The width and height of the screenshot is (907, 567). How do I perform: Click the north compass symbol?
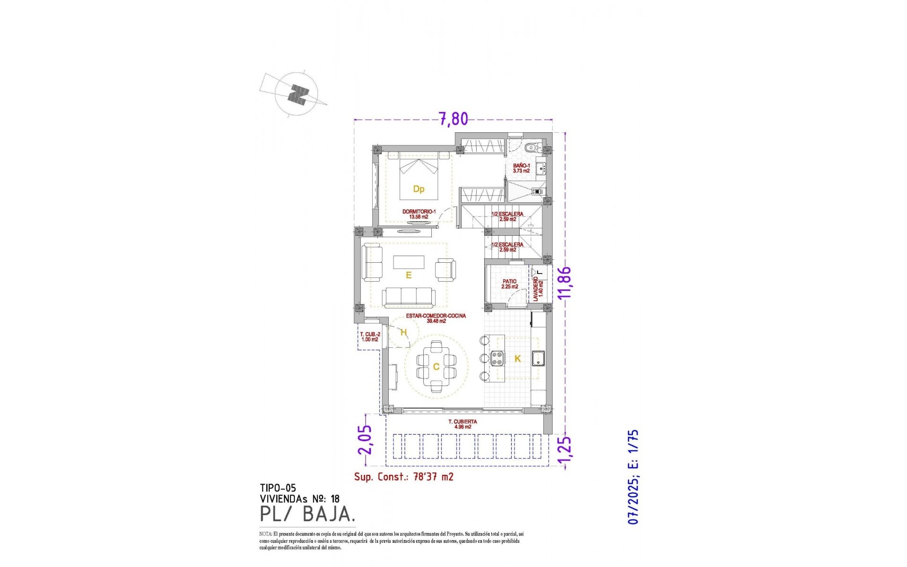pyautogui.click(x=298, y=94)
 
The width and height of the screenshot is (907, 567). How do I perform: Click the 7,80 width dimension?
pyautogui.click(x=453, y=119)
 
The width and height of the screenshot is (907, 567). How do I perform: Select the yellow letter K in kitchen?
pyautogui.click(x=517, y=359)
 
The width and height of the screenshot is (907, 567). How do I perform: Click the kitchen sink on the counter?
pyautogui.click(x=539, y=359)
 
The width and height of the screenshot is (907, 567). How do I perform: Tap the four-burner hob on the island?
pyautogui.click(x=497, y=359)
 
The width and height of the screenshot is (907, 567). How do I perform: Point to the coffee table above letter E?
pyautogui.click(x=409, y=262)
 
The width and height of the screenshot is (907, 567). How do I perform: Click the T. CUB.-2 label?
pyautogui.click(x=370, y=337)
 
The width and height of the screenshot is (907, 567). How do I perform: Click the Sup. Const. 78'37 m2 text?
pyautogui.click(x=404, y=477)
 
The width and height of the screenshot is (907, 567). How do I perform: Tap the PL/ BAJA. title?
pyautogui.click(x=307, y=514)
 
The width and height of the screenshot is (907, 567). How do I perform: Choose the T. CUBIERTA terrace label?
pyautogui.click(x=462, y=424)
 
